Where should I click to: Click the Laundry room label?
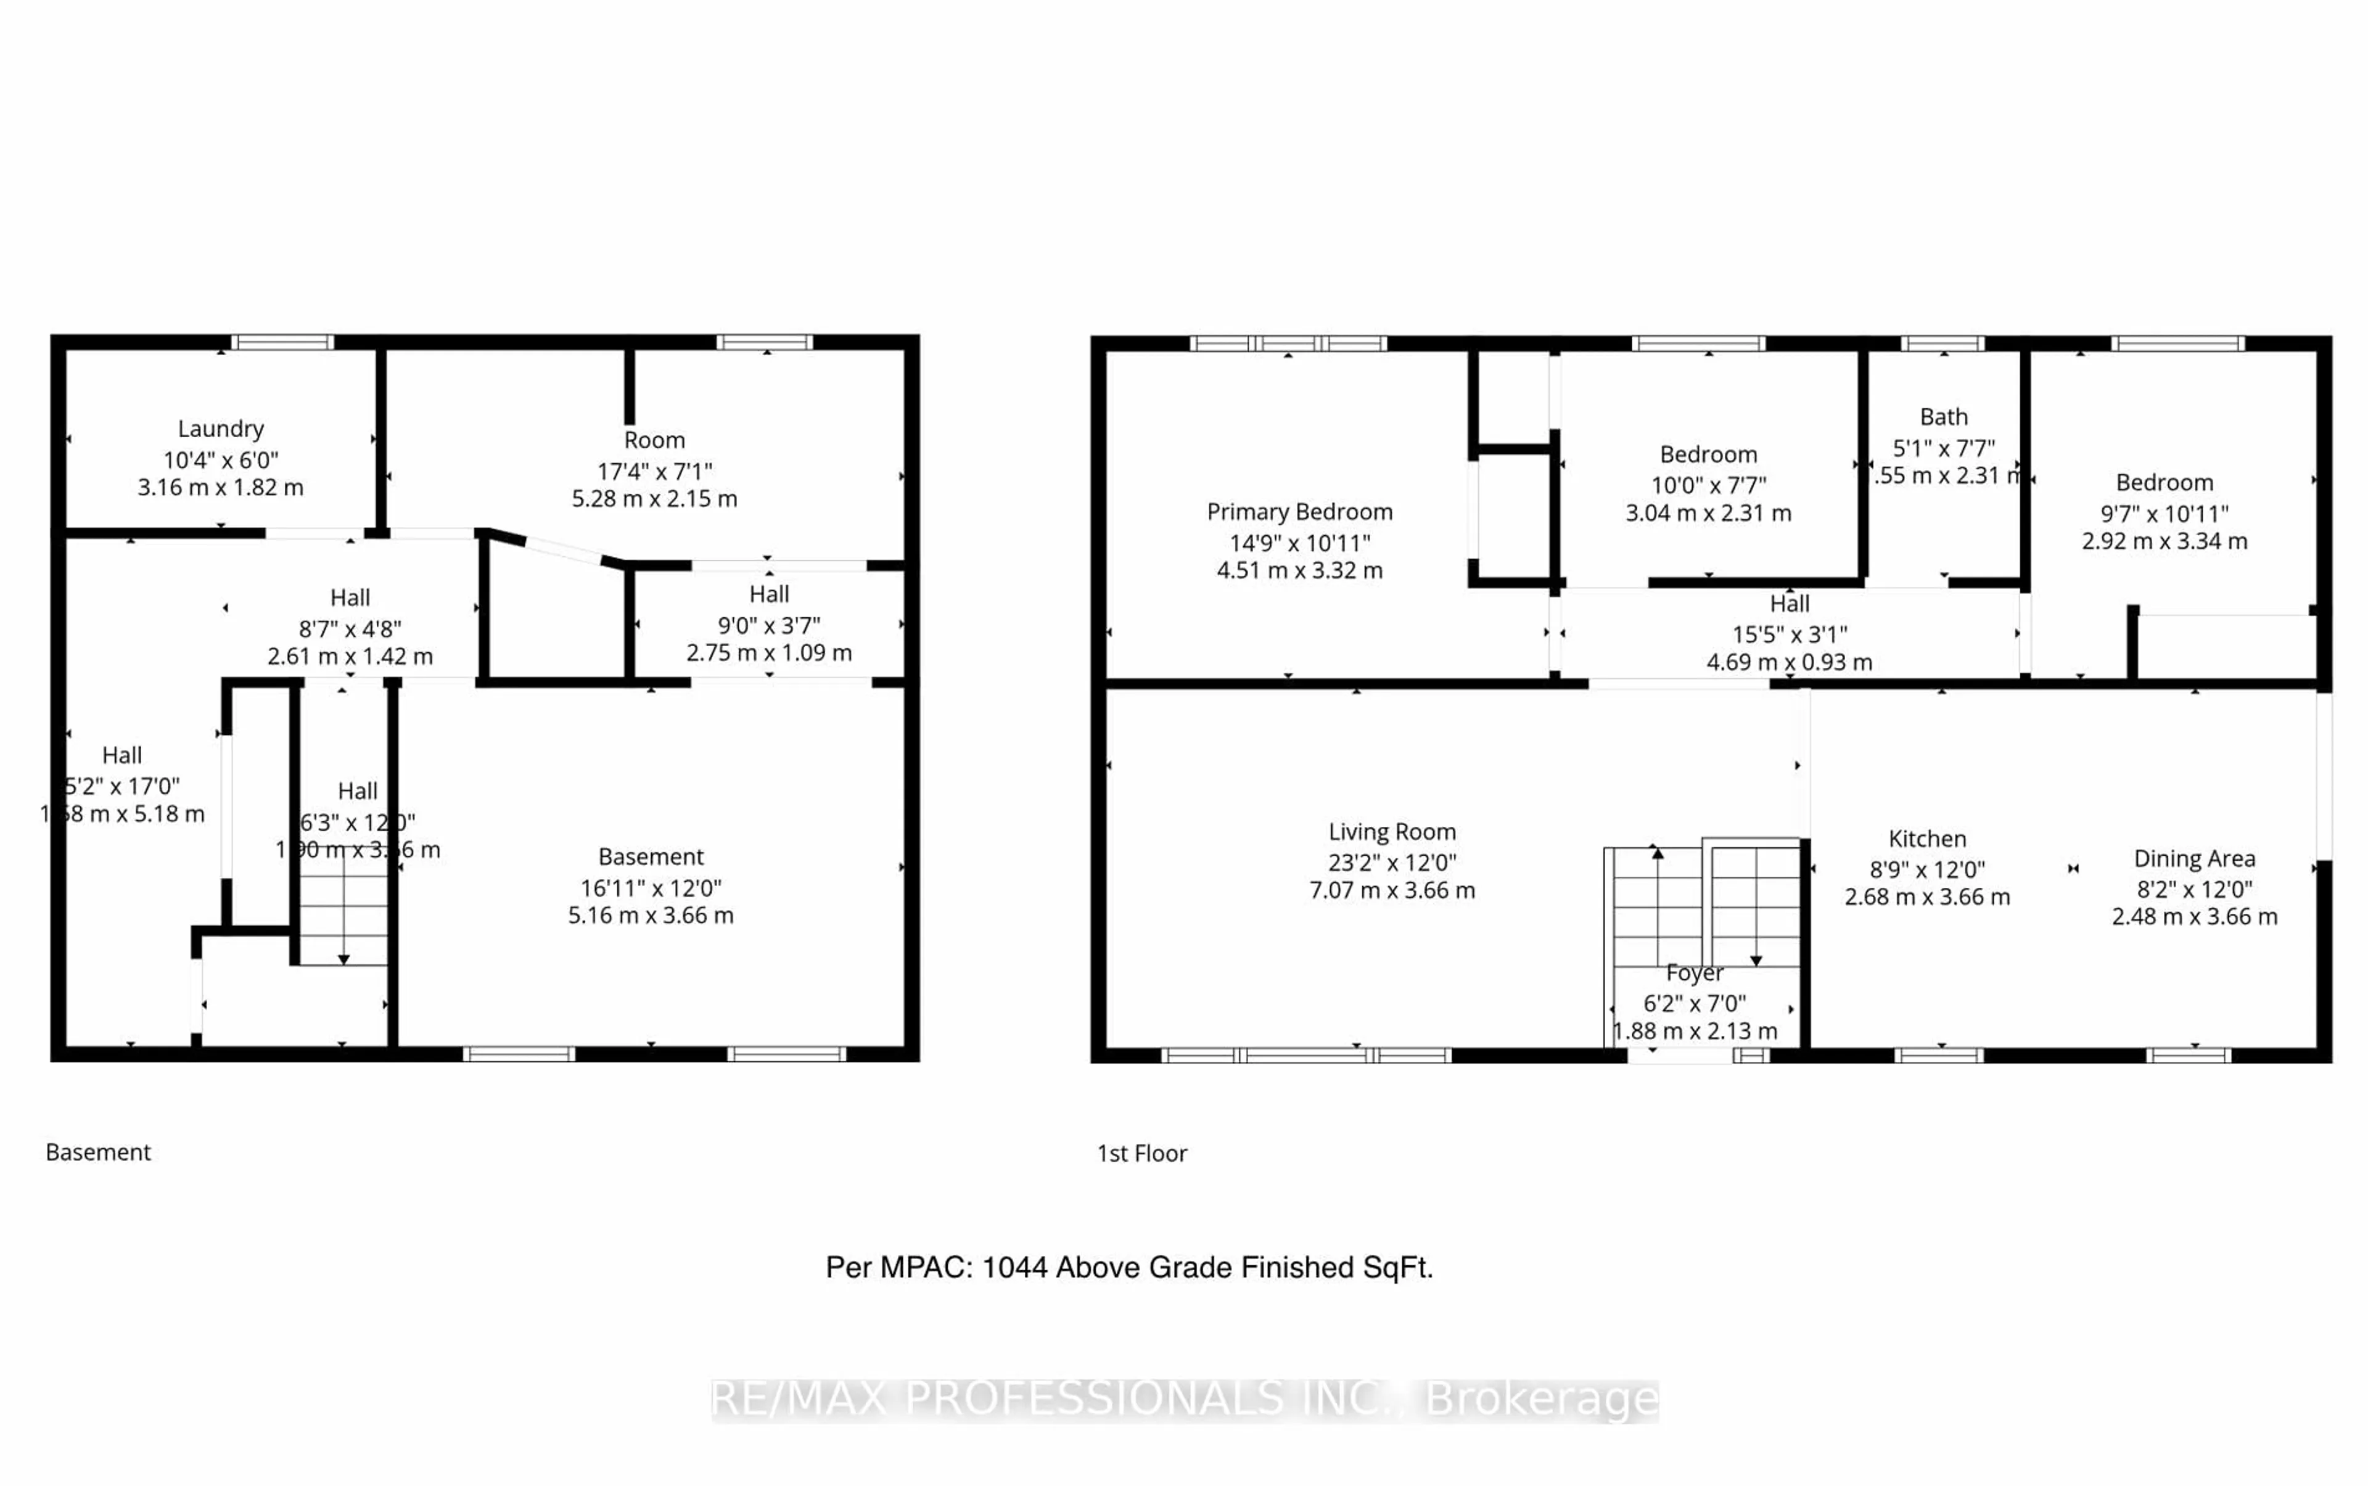click(220, 429)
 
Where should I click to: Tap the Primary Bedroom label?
click(1299, 512)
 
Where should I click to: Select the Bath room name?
click(1943, 417)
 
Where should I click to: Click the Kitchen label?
click(1926, 839)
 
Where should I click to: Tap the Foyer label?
click(1694, 973)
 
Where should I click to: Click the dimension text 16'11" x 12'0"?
click(650, 887)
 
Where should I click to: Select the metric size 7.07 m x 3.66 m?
click(1391, 890)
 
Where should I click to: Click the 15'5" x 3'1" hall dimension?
click(1789, 634)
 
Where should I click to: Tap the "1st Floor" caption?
click(1141, 1153)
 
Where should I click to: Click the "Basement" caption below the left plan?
click(98, 1152)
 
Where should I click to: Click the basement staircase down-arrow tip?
click(343, 959)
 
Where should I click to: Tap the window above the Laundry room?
click(282, 342)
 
